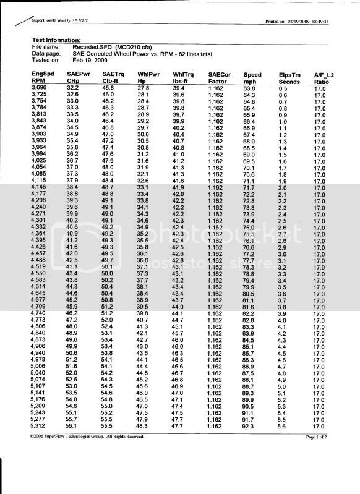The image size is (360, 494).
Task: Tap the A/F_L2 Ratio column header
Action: tap(324, 78)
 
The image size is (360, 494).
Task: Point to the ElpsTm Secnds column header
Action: tap(289, 78)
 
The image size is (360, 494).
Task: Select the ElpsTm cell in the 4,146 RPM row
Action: tap(282, 187)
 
